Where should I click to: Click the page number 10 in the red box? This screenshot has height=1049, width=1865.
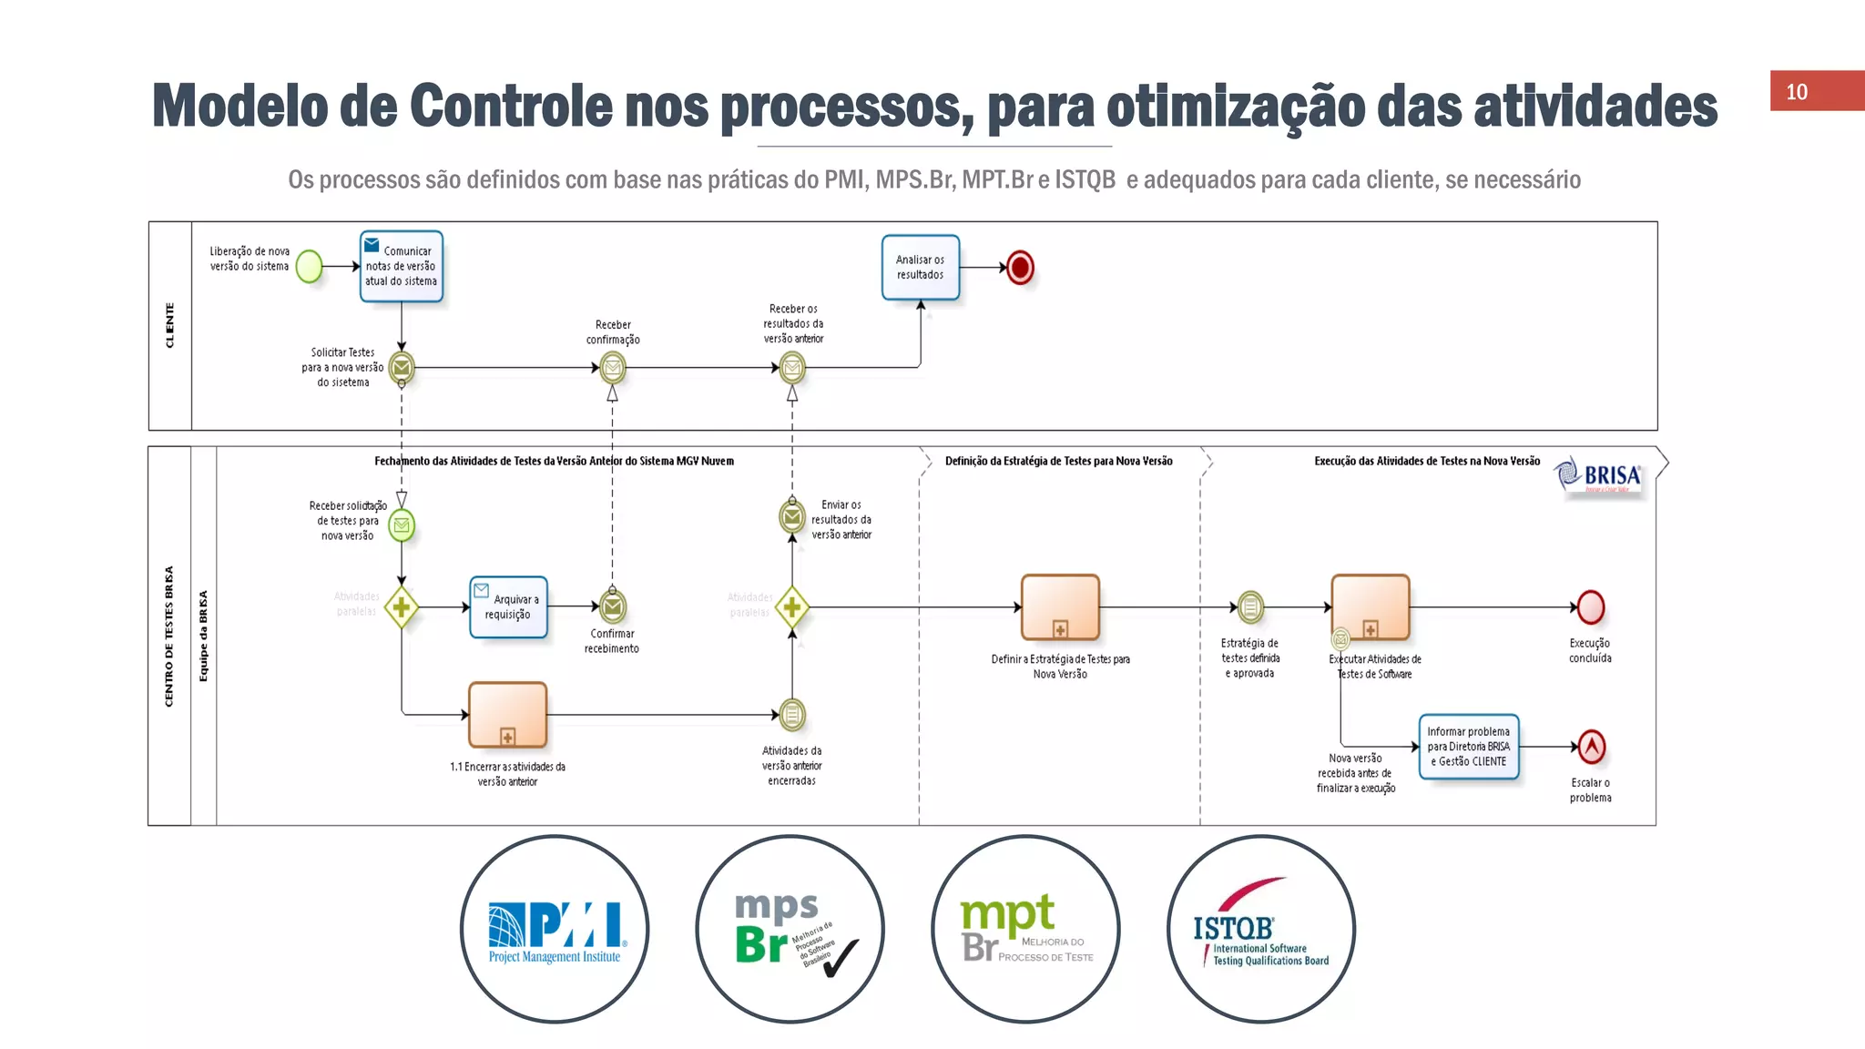[x=1796, y=92]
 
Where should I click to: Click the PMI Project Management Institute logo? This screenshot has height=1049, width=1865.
[x=555, y=930]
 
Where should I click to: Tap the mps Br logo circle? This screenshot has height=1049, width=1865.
[x=790, y=930]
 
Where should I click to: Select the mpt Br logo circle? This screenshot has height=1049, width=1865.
[x=1025, y=930]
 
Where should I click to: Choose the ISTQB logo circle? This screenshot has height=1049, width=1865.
[x=1261, y=930]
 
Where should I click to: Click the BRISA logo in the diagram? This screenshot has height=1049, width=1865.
[x=1600, y=475]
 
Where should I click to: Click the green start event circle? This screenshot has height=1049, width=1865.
[x=310, y=267]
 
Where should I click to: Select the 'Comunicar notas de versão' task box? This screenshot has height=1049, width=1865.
[x=402, y=266]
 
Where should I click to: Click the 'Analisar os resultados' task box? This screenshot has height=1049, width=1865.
[x=920, y=267]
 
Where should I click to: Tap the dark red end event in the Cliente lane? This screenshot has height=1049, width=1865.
[x=1020, y=268]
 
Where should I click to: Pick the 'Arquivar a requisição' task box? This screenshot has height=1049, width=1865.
[x=508, y=606]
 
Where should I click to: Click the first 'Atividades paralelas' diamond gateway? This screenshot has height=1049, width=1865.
[x=402, y=607]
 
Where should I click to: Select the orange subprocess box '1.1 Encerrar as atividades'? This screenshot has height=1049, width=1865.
[x=507, y=715]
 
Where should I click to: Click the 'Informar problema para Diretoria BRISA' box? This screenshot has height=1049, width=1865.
[x=1468, y=747]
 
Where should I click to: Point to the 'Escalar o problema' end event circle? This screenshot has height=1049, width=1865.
[x=1590, y=748]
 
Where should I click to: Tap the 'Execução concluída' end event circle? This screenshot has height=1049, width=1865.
[x=1590, y=607]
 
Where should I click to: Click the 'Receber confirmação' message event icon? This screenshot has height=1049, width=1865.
[x=613, y=368]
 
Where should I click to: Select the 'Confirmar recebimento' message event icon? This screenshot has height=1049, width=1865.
[x=613, y=606]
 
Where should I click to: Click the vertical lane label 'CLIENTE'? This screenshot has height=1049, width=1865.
[x=169, y=325]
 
